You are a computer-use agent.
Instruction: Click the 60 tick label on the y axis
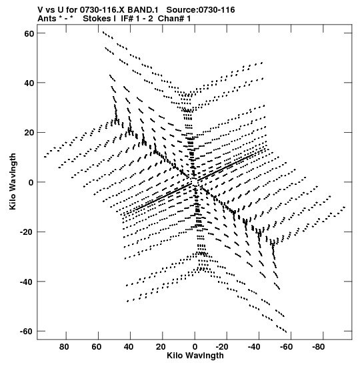pyautogui.click(x=29, y=33)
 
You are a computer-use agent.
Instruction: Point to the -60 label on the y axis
pyautogui.click(x=27, y=331)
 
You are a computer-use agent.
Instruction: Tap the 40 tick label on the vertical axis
pyautogui.click(x=29, y=83)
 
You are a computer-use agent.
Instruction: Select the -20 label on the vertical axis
pyautogui.click(x=27, y=232)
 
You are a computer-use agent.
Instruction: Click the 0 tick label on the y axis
pyautogui.click(x=31, y=182)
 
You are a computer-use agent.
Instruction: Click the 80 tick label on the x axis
pyautogui.click(x=64, y=347)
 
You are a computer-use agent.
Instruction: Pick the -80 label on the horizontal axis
pyautogui.click(x=319, y=347)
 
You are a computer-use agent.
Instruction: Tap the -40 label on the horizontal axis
pyautogui.click(x=254, y=347)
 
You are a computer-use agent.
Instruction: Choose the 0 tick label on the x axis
pyautogui.click(x=195, y=347)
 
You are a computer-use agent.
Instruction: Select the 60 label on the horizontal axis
pyautogui.click(x=96, y=347)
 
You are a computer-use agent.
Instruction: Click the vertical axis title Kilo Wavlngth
pyautogui.click(x=13, y=181)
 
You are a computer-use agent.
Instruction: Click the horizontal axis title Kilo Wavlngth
pyautogui.click(x=195, y=356)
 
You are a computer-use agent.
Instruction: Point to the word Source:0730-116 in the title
pyautogui.click(x=201, y=10)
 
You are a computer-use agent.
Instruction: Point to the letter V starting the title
pyautogui.click(x=41, y=10)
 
